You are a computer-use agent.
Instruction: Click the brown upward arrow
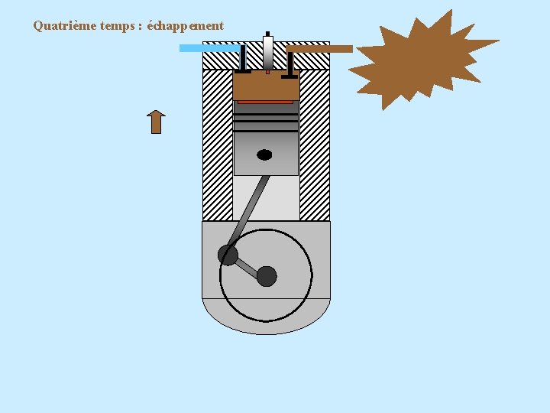(x=156, y=122)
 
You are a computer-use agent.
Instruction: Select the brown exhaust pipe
(x=321, y=49)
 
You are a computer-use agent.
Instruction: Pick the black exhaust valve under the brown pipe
(x=290, y=64)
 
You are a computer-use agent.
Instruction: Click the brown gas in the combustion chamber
(x=265, y=86)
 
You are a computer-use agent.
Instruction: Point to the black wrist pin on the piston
(x=264, y=154)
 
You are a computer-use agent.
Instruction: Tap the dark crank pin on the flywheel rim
(x=228, y=255)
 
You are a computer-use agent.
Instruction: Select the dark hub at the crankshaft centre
(x=267, y=276)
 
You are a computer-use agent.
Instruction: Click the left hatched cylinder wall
(x=217, y=145)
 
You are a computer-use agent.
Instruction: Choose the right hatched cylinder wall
(x=314, y=145)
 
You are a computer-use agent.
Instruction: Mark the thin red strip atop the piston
(x=265, y=102)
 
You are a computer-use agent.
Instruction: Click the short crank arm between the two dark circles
(x=247, y=265)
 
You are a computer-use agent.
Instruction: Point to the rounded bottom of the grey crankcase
(x=266, y=321)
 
